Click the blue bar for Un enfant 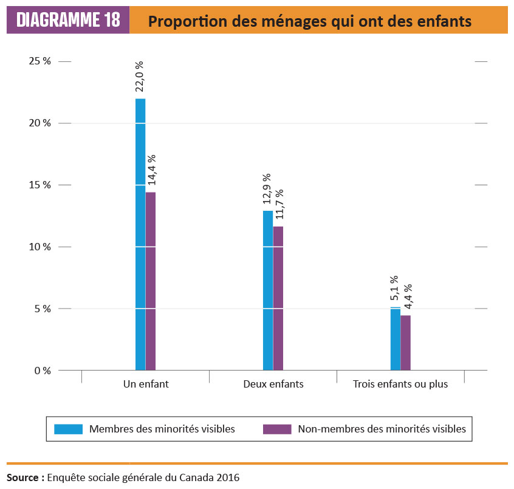coord(140,234)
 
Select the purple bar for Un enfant coord(151,281)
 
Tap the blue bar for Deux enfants coord(268,290)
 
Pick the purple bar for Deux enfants coord(278,298)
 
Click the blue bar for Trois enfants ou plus coord(396,338)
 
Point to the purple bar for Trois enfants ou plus coord(406,343)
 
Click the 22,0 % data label coord(140,77)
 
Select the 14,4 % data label coord(150,171)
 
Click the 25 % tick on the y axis coord(38,61)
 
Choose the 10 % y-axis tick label coord(38,247)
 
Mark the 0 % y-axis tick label coord(41,371)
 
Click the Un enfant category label coord(146,385)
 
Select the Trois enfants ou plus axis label coord(400,385)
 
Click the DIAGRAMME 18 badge coord(68,21)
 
